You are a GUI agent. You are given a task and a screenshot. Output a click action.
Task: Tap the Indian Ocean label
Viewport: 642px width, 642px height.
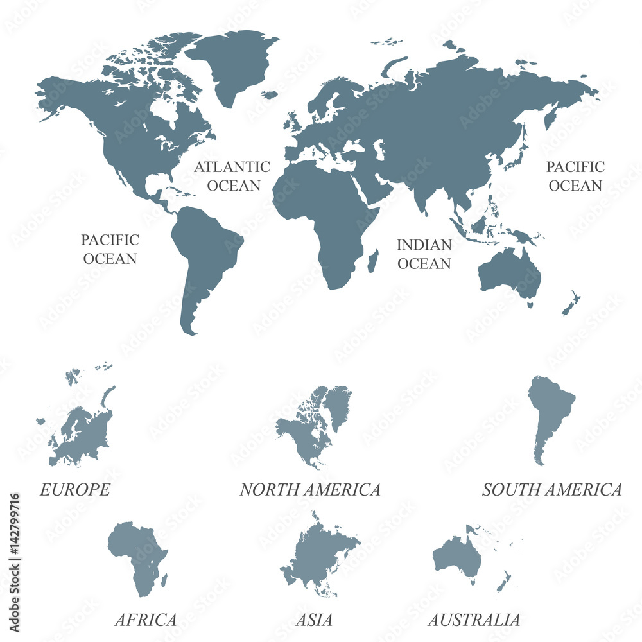click(x=424, y=254)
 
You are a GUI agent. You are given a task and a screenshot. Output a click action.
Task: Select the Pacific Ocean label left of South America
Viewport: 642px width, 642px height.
click(x=110, y=249)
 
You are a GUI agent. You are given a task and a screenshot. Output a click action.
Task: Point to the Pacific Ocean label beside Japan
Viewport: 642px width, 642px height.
click(x=575, y=176)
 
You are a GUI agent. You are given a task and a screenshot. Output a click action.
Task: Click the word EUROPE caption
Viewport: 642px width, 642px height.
click(x=75, y=490)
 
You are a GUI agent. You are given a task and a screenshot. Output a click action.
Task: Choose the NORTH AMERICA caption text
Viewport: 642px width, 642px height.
click(x=310, y=490)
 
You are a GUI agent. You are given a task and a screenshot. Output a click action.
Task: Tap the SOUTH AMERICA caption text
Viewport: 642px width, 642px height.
click(x=551, y=490)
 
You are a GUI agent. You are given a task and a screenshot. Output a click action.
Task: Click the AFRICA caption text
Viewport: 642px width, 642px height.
click(x=146, y=620)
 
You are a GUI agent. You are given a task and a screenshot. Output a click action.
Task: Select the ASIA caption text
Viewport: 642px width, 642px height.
click(x=314, y=620)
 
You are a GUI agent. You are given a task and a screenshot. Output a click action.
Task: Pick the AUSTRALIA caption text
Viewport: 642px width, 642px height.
click(x=474, y=620)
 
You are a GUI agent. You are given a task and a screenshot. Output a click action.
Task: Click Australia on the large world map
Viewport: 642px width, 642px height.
click(x=509, y=273)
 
